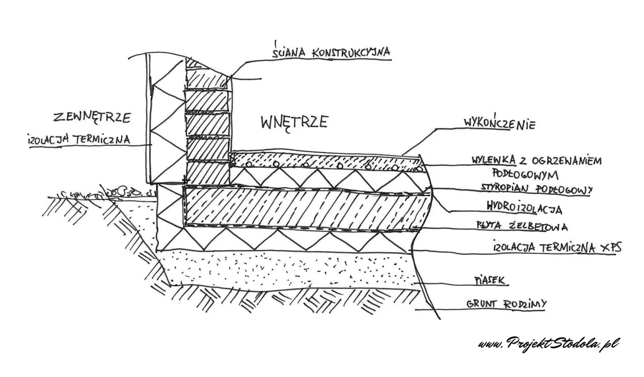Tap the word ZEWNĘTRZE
92,118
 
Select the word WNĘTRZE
294,122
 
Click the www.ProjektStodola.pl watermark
547,343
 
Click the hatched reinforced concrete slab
302,209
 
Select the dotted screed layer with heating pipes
322,161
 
